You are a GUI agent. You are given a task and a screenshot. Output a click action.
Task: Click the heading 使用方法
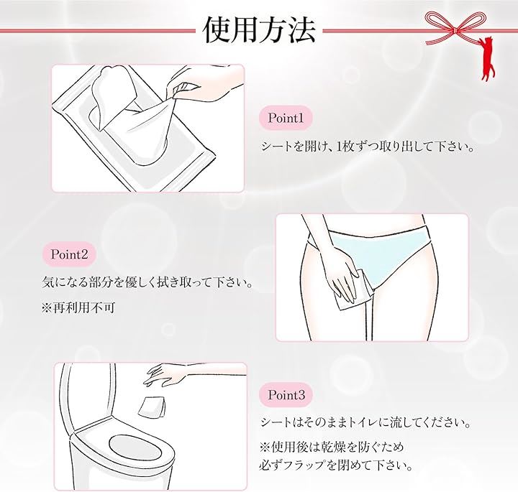(259, 30)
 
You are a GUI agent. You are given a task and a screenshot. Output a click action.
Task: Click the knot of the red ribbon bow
(455, 30)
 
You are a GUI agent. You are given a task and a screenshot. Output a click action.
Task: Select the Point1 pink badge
(286, 118)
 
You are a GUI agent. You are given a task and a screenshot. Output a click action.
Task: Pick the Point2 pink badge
(69, 254)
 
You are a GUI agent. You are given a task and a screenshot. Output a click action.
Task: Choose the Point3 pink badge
(286, 395)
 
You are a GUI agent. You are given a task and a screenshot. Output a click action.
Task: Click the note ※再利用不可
(78, 308)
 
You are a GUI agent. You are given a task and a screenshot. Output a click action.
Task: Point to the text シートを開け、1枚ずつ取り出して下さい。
(368, 146)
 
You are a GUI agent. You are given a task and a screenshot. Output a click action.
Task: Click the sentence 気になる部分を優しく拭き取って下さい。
(147, 282)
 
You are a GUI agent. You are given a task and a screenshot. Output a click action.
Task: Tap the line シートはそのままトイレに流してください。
(365, 422)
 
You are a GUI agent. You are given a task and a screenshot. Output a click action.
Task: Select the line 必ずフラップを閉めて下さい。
(336, 465)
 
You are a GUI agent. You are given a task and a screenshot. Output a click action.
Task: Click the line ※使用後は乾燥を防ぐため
(332, 447)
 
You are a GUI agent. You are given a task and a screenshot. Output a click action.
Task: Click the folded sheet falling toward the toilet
(152, 408)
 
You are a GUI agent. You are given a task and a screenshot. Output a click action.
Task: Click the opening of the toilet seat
(135, 447)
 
